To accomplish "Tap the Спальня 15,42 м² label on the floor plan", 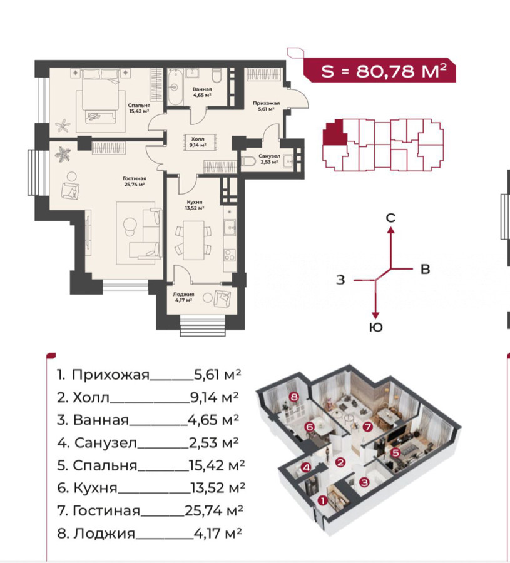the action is coord(139,108).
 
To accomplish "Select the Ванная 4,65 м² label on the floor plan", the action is coord(202,92).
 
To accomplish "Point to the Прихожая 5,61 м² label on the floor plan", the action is coord(266,106).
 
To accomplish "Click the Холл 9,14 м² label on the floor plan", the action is coord(198,142).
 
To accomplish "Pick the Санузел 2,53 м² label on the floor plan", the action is coord(269,159).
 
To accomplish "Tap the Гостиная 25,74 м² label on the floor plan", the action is coord(135,181).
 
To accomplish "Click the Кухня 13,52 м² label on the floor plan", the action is coord(195,205).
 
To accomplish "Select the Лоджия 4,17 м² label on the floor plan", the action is coord(183,297).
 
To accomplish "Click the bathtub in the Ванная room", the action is coord(175,86).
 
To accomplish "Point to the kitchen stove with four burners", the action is coord(229,255).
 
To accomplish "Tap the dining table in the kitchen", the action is coord(193,240).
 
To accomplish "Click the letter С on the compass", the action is coord(390,218).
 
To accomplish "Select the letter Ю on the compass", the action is coord(375,327).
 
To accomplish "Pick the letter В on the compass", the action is coord(426,269).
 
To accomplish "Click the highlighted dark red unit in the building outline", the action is coord(335,134).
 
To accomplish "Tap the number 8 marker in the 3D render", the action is coord(294,397).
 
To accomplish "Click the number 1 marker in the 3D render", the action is coord(322,500).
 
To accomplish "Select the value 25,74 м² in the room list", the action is coord(214,510).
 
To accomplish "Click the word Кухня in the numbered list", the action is coord(95,487).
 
